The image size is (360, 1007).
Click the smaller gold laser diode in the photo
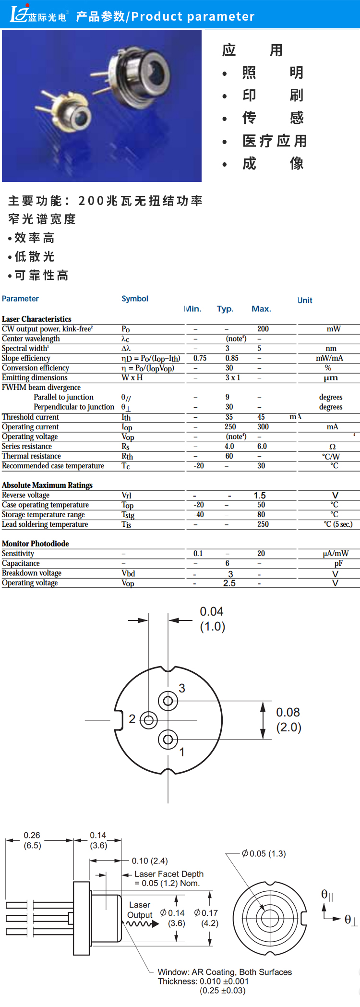[x=75, y=115]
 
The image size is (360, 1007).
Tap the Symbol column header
[x=135, y=299]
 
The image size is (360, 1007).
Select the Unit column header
[x=305, y=300]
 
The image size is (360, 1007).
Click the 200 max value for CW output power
[x=263, y=329]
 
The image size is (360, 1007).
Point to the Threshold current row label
[x=30, y=417]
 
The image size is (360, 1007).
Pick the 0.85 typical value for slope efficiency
[x=232, y=358]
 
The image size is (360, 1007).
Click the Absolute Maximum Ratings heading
[x=47, y=485]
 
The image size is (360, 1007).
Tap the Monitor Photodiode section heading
[x=36, y=544]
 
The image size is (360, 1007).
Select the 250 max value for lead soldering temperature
[x=263, y=524]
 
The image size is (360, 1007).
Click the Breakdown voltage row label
[x=32, y=573]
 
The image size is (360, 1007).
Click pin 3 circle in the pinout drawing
[x=168, y=701]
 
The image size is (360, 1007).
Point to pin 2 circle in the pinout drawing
[x=148, y=720]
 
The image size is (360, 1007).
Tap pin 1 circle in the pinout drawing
[x=168, y=740]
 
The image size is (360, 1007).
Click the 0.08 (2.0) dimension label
[x=288, y=719]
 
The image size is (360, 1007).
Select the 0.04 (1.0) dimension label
[x=212, y=619]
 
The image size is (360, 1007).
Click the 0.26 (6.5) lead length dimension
[x=32, y=840]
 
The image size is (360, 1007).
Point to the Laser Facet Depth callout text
[x=169, y=874]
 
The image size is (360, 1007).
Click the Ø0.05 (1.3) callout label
[x=264, y=853]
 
